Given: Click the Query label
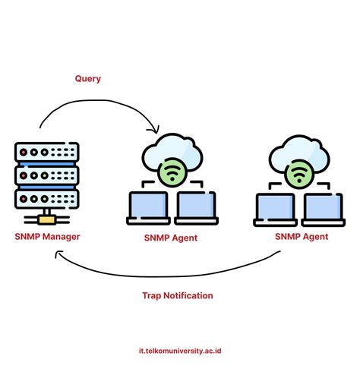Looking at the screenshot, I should (87, 78).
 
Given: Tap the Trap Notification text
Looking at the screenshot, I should (178, 295).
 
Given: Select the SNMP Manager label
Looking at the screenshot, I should (47, 236).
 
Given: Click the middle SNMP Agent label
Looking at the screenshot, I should (170, 238).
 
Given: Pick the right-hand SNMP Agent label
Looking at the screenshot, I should (302, 236).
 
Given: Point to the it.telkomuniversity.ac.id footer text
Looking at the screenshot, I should (180, 351).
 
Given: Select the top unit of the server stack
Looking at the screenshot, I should (46, 152).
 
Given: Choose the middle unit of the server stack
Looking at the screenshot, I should (46, 175).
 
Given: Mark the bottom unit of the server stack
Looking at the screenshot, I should (46, 199).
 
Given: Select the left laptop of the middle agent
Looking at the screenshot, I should (149, 206).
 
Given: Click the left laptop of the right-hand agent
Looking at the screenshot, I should (276, 206).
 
